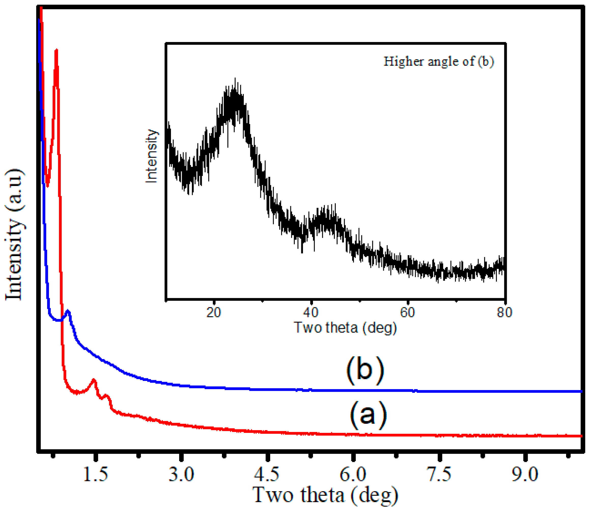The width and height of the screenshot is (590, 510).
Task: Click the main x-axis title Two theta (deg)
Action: point(325,495)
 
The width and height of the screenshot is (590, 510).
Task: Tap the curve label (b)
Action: point(365,370)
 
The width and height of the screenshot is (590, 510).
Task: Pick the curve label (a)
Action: point(368,415)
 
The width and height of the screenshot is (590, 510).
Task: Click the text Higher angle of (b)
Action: point(439,61)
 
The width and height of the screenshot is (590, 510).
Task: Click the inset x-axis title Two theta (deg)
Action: point(345,328)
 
